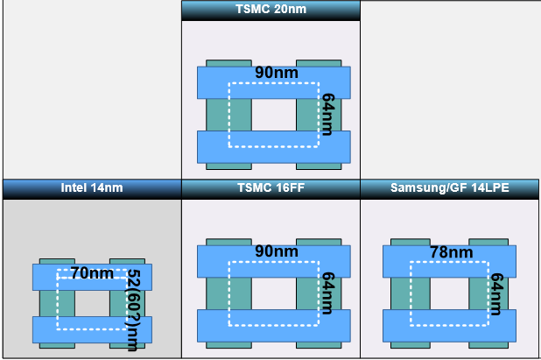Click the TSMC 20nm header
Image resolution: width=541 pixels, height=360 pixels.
(x=270, y=10)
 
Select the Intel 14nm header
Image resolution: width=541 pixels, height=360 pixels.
(x=91, y=187)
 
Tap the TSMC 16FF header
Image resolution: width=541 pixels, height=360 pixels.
(x=270, y=187)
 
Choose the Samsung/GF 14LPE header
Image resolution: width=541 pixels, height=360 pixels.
(x=450, y=187)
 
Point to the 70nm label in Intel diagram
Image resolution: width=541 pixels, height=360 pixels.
(x=92, y=273)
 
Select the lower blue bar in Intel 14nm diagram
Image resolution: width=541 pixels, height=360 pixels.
(x=92, y=329)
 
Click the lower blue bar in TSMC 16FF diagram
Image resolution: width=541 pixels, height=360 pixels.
(x=273, y=325)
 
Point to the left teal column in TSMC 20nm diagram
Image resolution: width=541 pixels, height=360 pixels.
(x=220, y=114)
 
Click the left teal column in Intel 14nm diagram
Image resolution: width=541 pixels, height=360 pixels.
(x=49, y=303)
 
